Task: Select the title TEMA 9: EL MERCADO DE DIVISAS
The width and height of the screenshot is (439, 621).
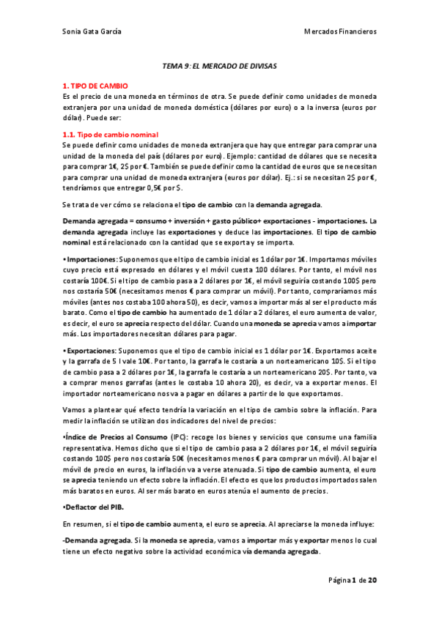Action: pos(219,65)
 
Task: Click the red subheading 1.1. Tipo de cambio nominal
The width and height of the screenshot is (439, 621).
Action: pos(111,135)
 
